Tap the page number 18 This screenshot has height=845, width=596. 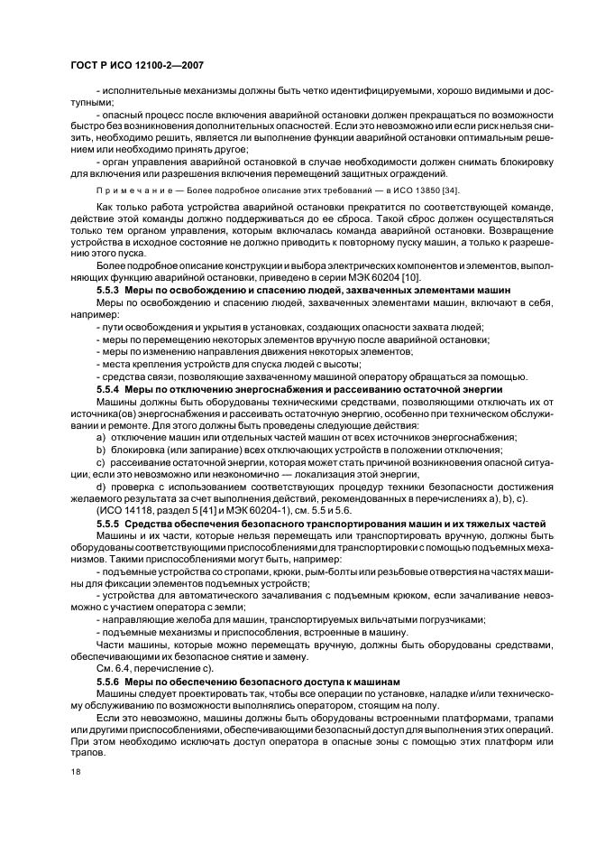click(x=77, y=772)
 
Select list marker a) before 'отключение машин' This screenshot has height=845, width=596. click(x=101, y=436)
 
